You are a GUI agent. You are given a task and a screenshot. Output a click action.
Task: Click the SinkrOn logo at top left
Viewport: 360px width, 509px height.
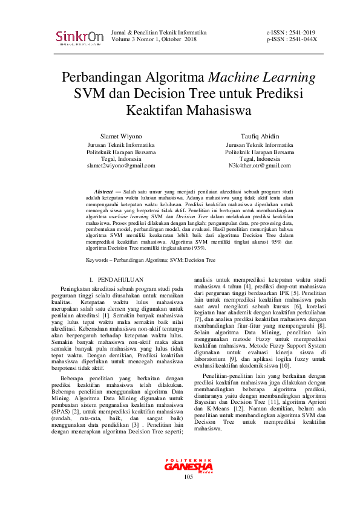coord(79,37)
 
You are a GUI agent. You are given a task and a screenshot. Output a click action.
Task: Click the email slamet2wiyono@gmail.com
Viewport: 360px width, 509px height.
coord(122,165)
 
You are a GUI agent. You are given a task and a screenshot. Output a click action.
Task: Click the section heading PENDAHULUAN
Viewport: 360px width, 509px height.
coord(121,280)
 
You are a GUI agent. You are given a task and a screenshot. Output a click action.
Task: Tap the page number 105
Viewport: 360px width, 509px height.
coord(188,494)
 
